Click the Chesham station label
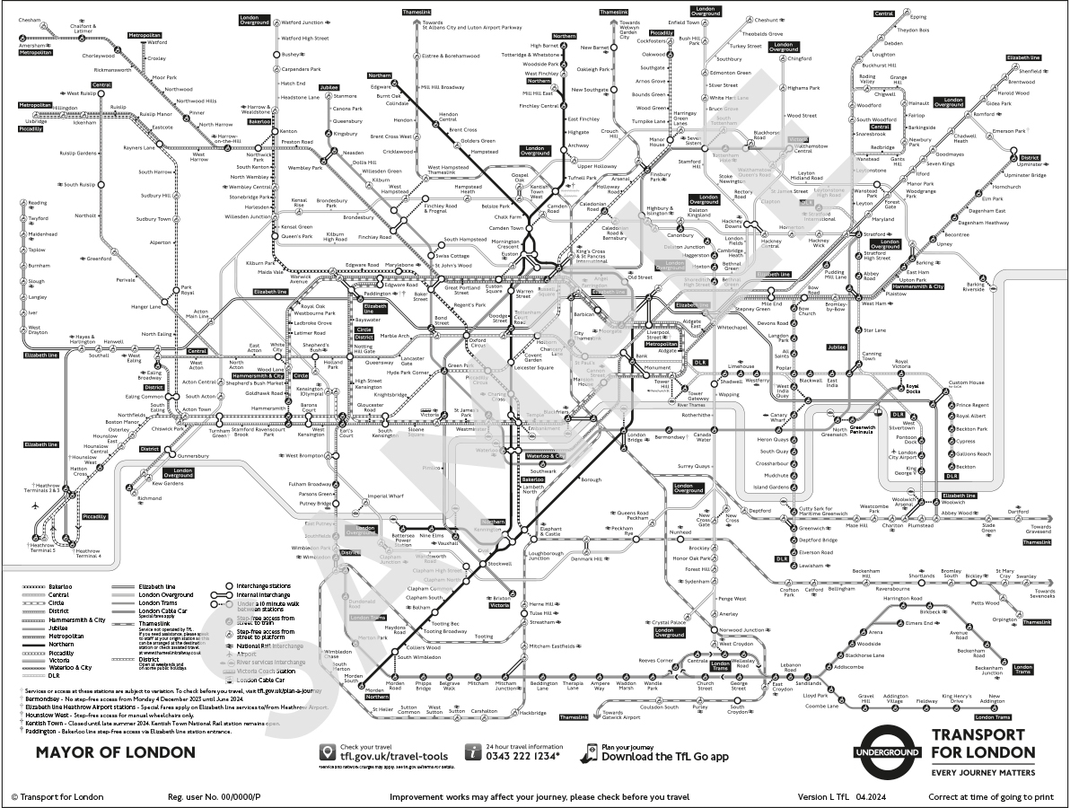coord(31,19)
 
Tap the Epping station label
coord(918,17)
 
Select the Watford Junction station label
coord(303,22)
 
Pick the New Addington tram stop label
coord(991,699)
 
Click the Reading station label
coord(38,203)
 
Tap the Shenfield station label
coord(1031,71)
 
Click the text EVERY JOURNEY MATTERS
coord(983,772)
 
